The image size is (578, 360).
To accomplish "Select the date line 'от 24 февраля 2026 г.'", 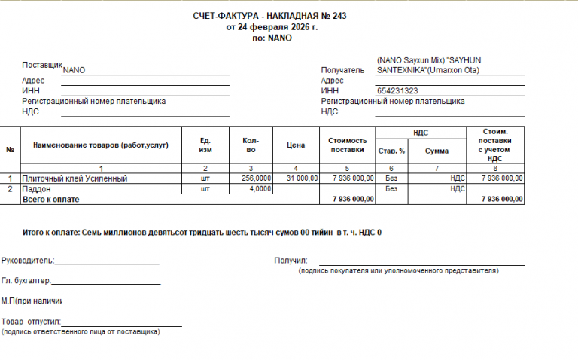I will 272,27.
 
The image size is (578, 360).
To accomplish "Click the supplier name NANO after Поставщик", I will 75,70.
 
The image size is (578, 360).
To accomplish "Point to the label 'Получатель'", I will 342,70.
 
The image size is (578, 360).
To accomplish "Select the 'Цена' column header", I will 296,144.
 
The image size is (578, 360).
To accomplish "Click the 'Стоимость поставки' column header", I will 347,144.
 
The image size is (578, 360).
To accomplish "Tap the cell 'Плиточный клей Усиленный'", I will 74,178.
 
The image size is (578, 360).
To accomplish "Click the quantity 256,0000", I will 256,178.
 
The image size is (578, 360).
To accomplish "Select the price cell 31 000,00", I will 300,178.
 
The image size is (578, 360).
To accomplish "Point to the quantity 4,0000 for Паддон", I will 260,189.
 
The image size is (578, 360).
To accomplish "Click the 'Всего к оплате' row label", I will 50,200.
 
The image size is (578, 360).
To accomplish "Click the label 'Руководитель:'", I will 28,261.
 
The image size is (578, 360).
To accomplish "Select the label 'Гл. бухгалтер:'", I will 26,281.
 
